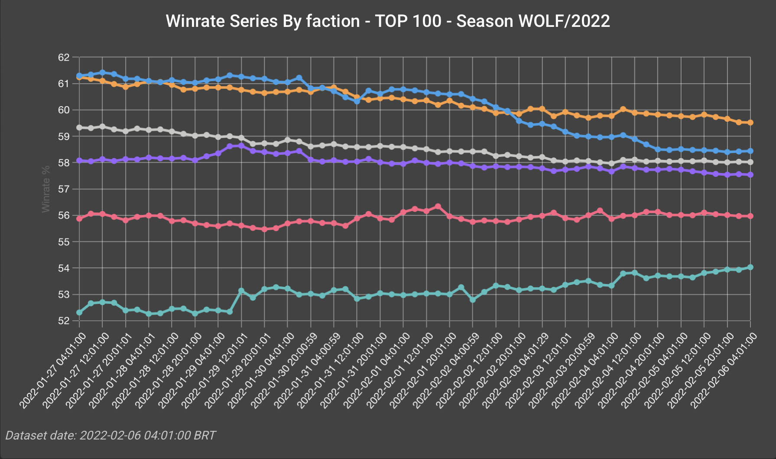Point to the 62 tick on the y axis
pyautogui.click(x=64, y=58)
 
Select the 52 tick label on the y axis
pyautogui.click(x=64, y=321)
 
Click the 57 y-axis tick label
pyautogui.click(x=64, y=189)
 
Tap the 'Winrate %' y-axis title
pyautogui.click(x=46, y=189)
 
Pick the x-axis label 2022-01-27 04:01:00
pyautogui.click(x=53, y=371)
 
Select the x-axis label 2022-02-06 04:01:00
pyautogui.click(x=724, y=371)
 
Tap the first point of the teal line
pyautogui.click(x=79, y=313)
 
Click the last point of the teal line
pyautogui.click(x=750, y=267)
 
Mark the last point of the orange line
pyautogui.click(x=750, y=123)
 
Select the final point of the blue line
pyautogui.click(x=750, y=151)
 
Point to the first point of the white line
pyautogui.click(x=79, y=127)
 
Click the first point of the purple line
pyautogui.click(x=79, y=160)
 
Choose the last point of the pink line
pyautogui.click(x=750, y=216)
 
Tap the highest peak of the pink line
pyautogui.click(x=438, y=206)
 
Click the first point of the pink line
pyautogui.click(x=79, y=219)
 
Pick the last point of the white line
pyautogui.click(x=750, y=162)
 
